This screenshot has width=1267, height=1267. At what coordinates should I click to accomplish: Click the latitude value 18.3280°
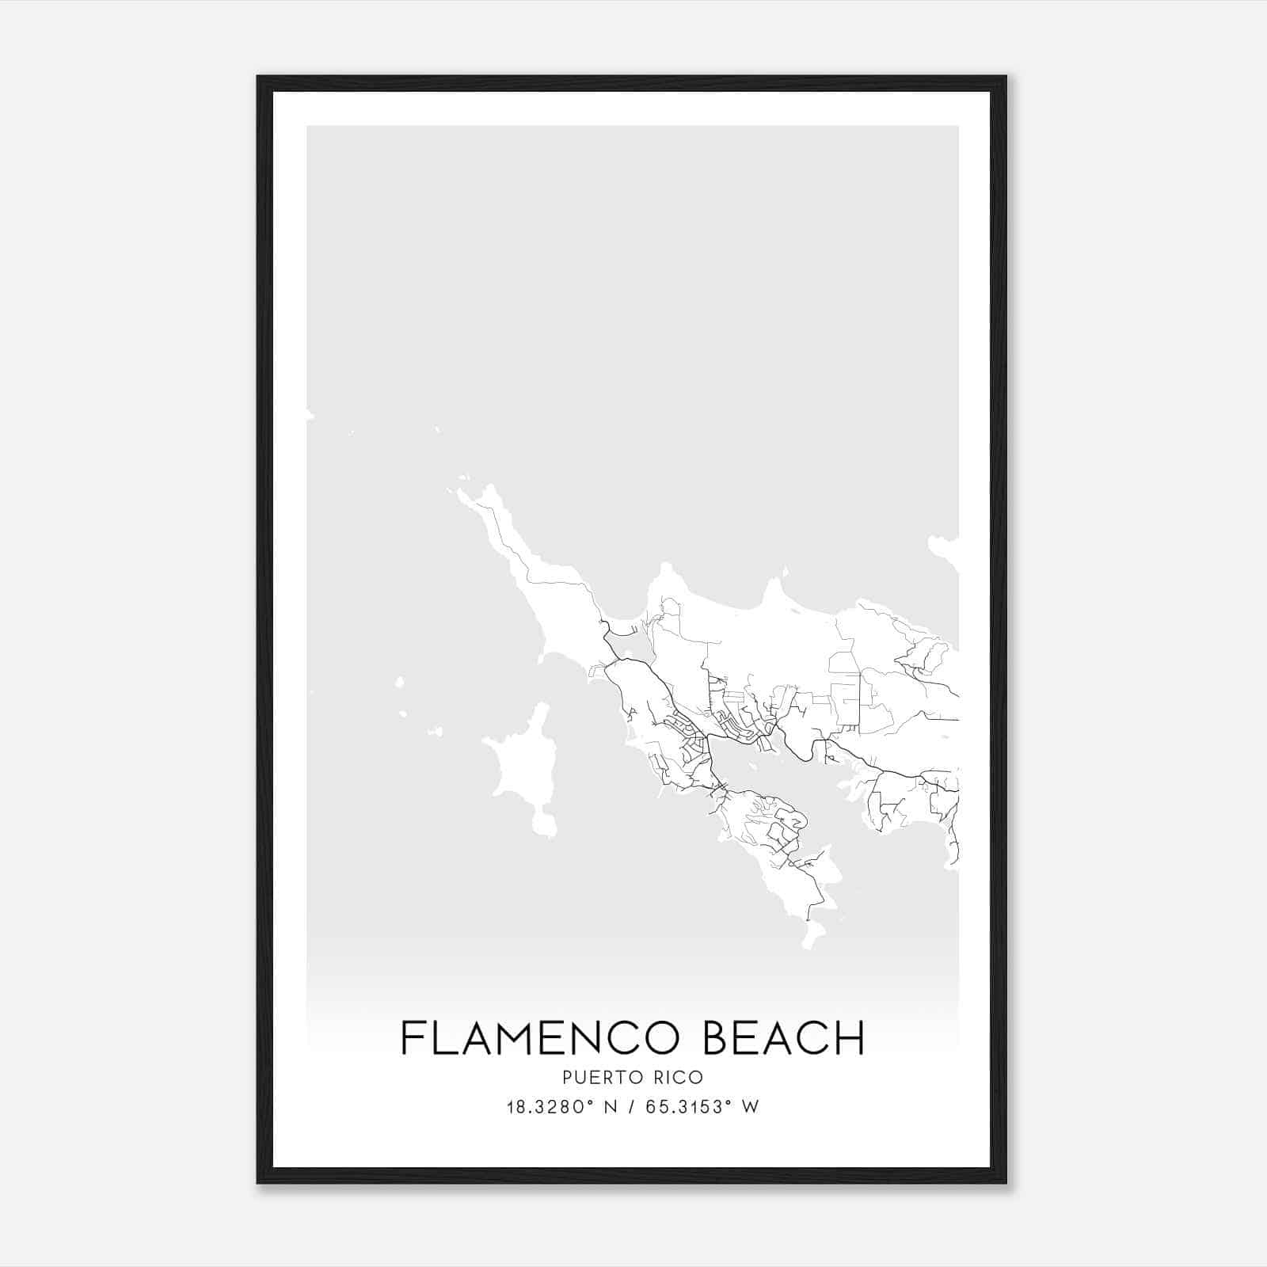tap(553, 1107)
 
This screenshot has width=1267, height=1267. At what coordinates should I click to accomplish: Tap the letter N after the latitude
tap(610, 1107)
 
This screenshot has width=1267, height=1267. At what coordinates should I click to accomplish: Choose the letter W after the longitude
tap(751, 1107)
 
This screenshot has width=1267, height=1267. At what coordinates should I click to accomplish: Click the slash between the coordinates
tap(631, 1107)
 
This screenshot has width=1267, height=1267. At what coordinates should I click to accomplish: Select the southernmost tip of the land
tap(809, 942)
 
